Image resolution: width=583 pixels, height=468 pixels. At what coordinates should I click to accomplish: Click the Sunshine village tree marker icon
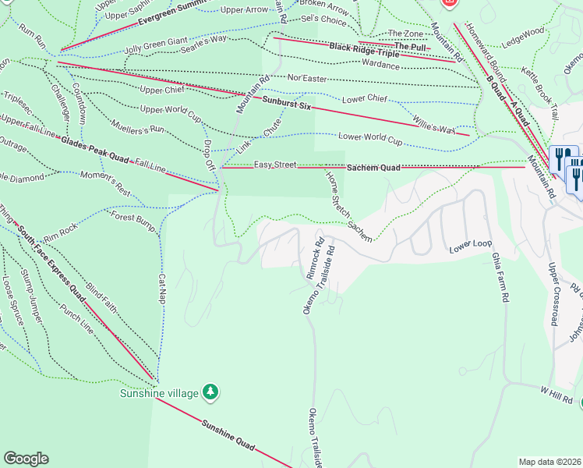pyautogui.click(x=210, y=390)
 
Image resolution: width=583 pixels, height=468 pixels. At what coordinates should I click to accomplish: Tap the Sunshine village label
pyautogui.click(x=160, y=392)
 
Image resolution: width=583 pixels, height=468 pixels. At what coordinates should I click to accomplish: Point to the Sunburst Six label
pyautogui.click(x=281, y=101)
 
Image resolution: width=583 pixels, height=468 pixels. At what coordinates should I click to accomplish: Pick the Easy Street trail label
pyautogui.click(x=275, y=165)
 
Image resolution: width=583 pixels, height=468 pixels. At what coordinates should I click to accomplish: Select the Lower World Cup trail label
pyautogui.click(x=370, y=139)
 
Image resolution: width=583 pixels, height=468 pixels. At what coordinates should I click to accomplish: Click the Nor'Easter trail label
pyautogui.click(x=306, y=78)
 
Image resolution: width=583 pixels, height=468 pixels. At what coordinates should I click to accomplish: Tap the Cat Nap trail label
pyautogui.click(x=163, y=289)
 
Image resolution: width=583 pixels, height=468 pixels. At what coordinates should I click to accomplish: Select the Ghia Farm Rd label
pyautogui.click(x=500, y=278)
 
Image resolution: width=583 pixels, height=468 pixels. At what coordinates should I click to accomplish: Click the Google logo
pyautogui.click(x=26, y=459)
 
